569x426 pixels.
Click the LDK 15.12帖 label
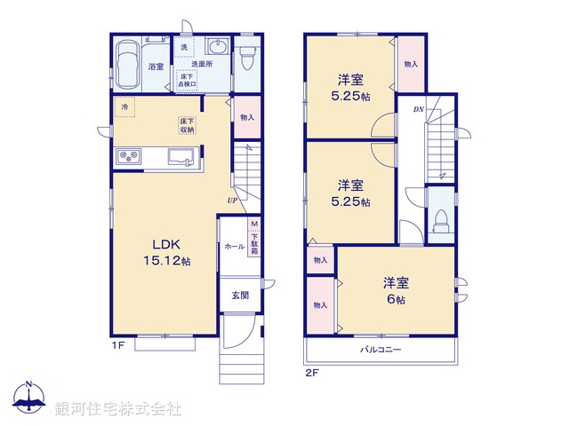167,252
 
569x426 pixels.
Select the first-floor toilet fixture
246,57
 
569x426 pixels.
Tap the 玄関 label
240,295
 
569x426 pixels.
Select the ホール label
234,246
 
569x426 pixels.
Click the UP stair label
231,201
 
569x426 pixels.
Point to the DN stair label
418,109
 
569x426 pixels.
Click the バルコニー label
381,350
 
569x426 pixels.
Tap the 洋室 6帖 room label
395,291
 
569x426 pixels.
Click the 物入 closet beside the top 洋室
411,64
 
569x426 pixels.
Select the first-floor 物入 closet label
247,117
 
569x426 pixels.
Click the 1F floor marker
116,343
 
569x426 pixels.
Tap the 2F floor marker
312,373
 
